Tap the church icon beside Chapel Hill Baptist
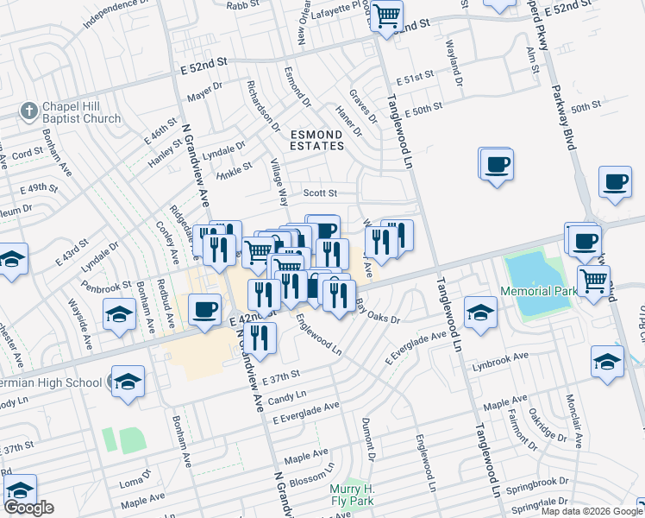point(28,111)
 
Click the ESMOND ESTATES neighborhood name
point(316,140)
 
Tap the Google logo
point(28,508)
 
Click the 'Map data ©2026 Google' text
point(591,511)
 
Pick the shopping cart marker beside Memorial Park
point(593,281)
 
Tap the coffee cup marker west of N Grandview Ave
point(204,309)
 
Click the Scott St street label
point(319,193)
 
